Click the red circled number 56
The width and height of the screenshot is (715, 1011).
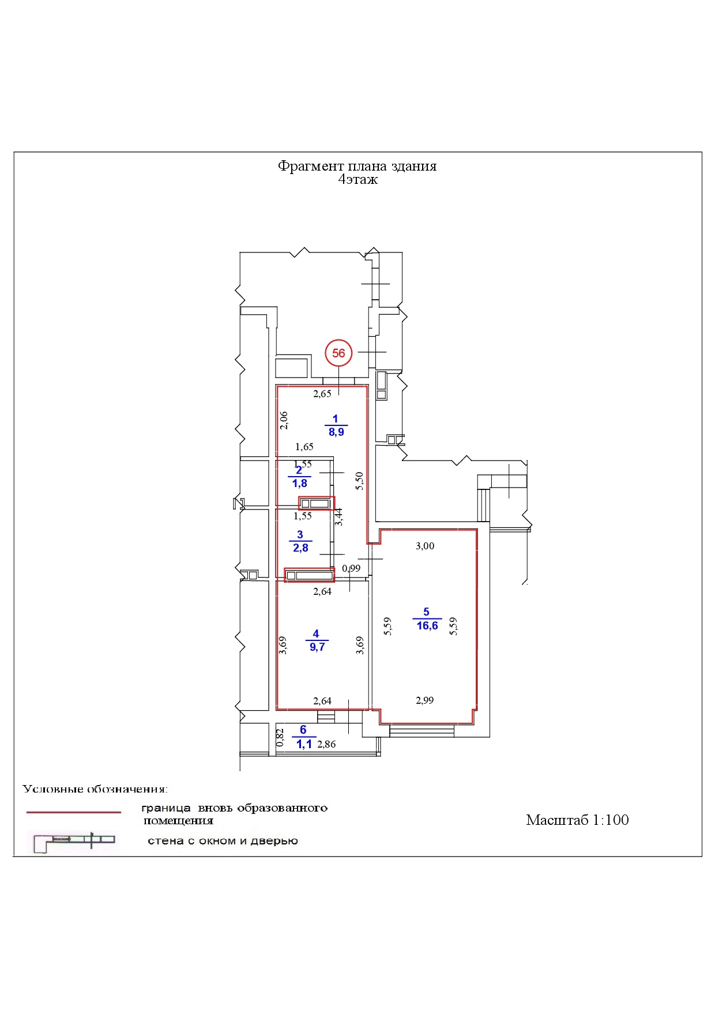coord(338,353)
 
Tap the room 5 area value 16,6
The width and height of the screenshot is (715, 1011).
coord(427,626)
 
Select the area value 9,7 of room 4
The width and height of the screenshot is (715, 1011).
coord(317,647)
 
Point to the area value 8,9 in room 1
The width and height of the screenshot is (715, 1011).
coord(336,432)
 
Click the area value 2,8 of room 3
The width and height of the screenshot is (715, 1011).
coord(300,548)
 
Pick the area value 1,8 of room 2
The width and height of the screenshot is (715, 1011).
coord(300,483)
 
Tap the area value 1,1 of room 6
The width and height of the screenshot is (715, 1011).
coord(304,744)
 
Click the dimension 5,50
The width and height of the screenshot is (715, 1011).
coord(359,481)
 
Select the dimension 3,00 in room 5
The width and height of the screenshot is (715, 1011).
coord(425,546)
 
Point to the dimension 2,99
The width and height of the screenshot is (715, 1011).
coord(424,700)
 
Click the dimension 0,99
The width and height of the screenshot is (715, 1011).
coord(351,568)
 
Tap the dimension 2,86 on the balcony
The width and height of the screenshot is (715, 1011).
coord(326,744)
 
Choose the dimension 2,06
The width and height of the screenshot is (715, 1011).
coord(283,420)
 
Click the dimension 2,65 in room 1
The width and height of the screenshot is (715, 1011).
coord(322,394)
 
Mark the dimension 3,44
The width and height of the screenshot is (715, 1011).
coord(339,516)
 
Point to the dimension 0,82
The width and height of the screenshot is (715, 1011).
coord(280,738)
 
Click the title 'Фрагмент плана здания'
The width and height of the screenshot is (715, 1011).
coord(357,166)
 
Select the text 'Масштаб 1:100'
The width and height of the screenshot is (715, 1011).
coord(577,820)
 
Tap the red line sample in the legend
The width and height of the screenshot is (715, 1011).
coord(74,812)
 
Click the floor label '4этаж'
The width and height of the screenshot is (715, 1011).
coord(357,180)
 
